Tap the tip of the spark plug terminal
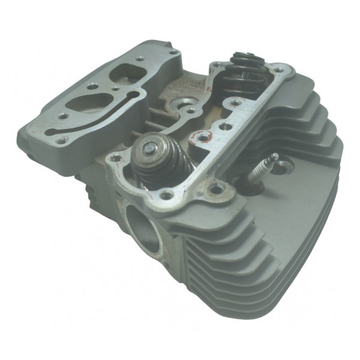[x=274, y=157]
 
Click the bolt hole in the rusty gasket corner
[x=215, y=190]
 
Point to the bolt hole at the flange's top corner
[x=172, y=54]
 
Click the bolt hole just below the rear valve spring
[x=224, y=127]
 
